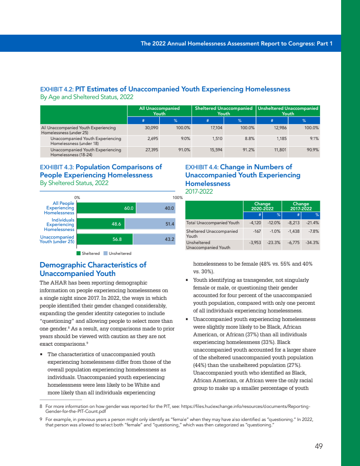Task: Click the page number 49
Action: coord(319,446)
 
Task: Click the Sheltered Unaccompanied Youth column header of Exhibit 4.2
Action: coord(224,111)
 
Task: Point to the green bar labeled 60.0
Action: coord(105,208)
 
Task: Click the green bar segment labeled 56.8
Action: coord(104,239)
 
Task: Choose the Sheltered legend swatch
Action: coord(78,253)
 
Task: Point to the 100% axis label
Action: coord(177,197)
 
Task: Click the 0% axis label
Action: coord(77,197)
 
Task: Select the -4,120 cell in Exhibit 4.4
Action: coord(256,222)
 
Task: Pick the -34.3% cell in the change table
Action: coord(312,242)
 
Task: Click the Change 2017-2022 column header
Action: coord(301,206)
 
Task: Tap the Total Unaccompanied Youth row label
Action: coord(213,222)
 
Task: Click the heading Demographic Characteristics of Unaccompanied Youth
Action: coord(93,269)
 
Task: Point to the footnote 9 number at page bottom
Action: coord(41,419)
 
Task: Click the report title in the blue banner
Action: coord(236,44)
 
